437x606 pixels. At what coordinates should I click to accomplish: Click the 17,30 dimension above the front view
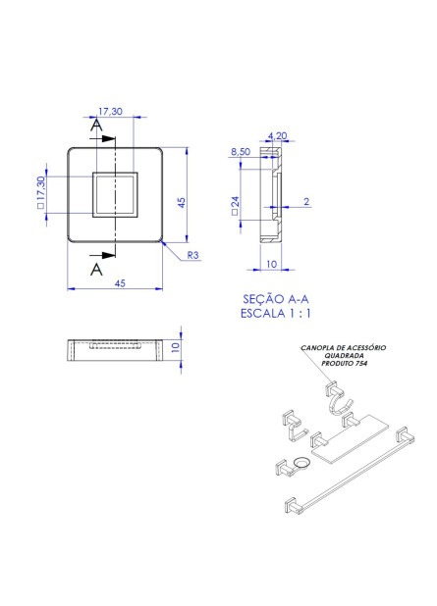110,112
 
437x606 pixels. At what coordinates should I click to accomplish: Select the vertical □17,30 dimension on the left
41,192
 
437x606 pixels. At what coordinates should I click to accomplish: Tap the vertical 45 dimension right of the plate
182,203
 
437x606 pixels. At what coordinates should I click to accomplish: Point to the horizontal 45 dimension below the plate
120,283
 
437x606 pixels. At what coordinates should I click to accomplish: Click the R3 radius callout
192,255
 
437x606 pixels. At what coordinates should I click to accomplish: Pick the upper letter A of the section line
97,126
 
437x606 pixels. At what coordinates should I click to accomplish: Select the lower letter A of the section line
96,269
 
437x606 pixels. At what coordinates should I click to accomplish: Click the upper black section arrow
102,138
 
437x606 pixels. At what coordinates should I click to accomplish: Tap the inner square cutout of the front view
115,194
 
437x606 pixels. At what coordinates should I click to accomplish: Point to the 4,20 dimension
278,135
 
